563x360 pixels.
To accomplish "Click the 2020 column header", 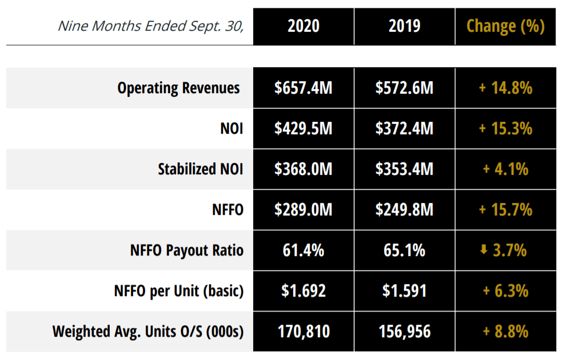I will pos(304,26).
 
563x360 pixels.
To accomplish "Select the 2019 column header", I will pos(404,26).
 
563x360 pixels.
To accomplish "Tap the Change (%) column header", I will pos(505,26).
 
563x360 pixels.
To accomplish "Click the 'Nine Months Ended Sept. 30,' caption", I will pos(151,26).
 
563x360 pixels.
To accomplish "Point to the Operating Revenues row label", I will pos(178,88).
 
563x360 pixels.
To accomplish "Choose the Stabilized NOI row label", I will pos(200,169).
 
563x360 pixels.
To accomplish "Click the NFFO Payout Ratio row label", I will pos(187,250).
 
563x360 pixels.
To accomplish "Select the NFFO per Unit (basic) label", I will pos(179,291).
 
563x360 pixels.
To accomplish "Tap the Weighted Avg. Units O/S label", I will pos(148,331).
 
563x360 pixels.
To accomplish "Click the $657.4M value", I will pos(304,88).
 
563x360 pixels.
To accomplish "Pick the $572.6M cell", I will pos(404,88).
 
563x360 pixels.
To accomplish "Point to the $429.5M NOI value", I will pos(304,128).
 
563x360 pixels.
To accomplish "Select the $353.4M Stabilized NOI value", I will pos(404,169).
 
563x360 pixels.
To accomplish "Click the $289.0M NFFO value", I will pos(304,210).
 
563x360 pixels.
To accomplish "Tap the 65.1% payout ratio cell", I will pos(404,250).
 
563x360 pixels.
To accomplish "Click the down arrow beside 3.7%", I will pos(483,250).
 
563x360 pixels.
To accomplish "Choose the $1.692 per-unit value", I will pos(304,291).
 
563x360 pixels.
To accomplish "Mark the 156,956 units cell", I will pos(404,331).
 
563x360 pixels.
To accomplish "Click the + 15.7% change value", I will pos(505,210).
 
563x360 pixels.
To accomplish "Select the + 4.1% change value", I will pos(505,169).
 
